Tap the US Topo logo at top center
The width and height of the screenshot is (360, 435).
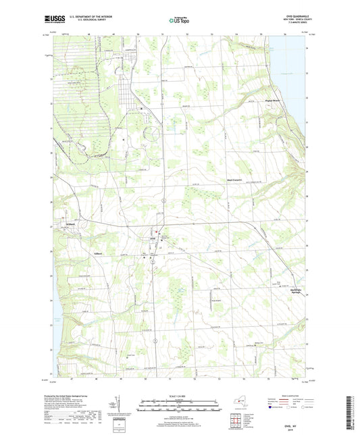(x=177, y=21)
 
